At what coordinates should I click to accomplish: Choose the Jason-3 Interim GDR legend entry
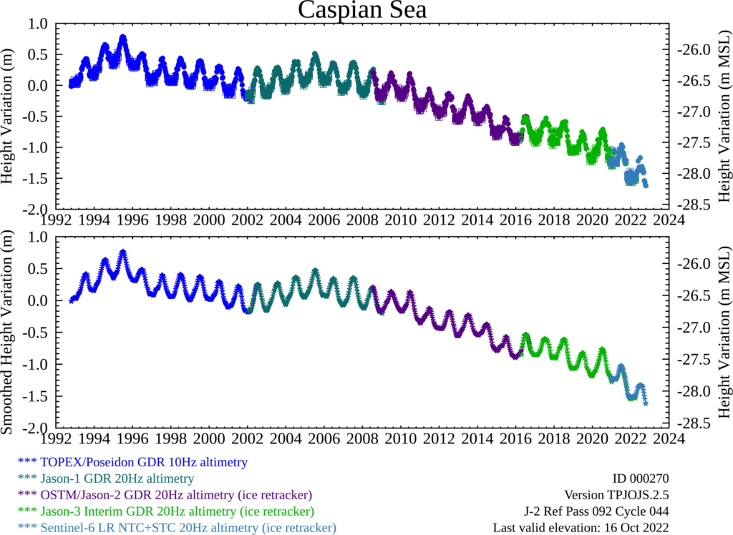[169, 511]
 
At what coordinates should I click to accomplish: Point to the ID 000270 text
[641, 478]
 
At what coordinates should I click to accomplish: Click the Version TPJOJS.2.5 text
[616, 495]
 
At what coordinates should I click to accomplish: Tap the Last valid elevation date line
[581, 528]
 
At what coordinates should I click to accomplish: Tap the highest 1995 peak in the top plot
[123, 37]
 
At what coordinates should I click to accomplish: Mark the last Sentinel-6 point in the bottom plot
[646, 404]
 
